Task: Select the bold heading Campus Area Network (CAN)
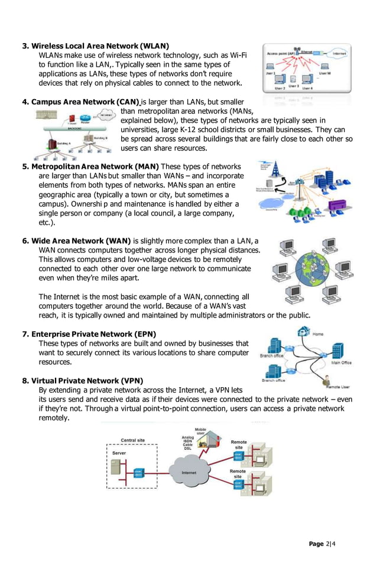pyautogui.click(x=85, y=101)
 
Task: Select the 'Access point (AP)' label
pyautogui.click(x=282, y=54)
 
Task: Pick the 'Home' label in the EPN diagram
pyautogui.click(x=317, y=335)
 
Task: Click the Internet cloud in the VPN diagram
pyautogui.click(x=188, y=473)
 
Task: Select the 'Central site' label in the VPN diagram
pyautogui.click(x=133, y=440)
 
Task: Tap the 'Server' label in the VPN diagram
pyautogui.click(x=119, y=453)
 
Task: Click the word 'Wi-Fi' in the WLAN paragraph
pyautogui.click(x=236, y=55)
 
